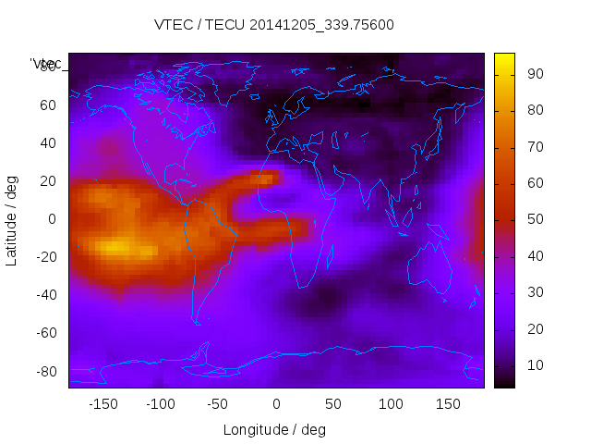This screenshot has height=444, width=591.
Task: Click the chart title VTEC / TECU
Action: [x=273, y=25]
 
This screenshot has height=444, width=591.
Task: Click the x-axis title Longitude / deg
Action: [x=274, y=430]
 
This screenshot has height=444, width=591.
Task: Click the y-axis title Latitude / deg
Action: [x=12, y=219]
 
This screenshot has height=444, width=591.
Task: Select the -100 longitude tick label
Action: [x=160, y=404]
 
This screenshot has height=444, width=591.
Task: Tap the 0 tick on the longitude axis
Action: [x=276, y=404]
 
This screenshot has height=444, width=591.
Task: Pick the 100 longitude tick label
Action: [x=391, y=404]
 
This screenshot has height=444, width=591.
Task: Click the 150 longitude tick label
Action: [x=448, y=404]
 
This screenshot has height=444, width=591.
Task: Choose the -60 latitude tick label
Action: [x=47, y=333]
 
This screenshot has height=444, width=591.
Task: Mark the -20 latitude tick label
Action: [x=47, y=257]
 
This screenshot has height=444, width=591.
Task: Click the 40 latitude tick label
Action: [x=48, y=143]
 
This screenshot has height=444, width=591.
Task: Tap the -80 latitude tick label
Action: [x=47, y=371]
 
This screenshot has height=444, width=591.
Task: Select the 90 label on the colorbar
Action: [x=535, y=74]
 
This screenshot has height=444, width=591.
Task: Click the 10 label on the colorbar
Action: [x=535, y=366]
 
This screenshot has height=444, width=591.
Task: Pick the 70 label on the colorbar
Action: [x=535, y=147]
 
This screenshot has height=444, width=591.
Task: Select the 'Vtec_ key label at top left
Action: [x=46, y=64]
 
